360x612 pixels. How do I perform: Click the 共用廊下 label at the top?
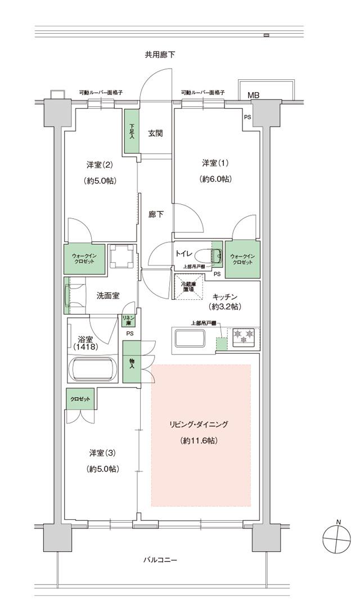pyautogui.click(x=160, y=55)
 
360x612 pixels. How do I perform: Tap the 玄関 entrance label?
pyautogui.click(x=155, y=133)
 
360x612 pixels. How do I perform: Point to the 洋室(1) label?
pyautogui.click(x=216, y=163)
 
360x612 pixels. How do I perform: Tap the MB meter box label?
pyautogui.click(x=254, y=96)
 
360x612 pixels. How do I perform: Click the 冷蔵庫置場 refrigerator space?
pyautogui.click(x=188, y=286)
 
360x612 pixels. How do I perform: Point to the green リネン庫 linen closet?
pyautogui.click(x=128, y=321)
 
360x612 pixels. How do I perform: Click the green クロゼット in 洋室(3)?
pyautogui.click(x=80, y=398)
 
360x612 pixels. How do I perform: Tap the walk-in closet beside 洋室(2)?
pyautogui.click(x=84, y=259)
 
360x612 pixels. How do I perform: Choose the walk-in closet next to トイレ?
pyautogui.click(x=242, y=259)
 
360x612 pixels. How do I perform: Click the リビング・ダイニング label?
pyautogui.click(x=200, y=424)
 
